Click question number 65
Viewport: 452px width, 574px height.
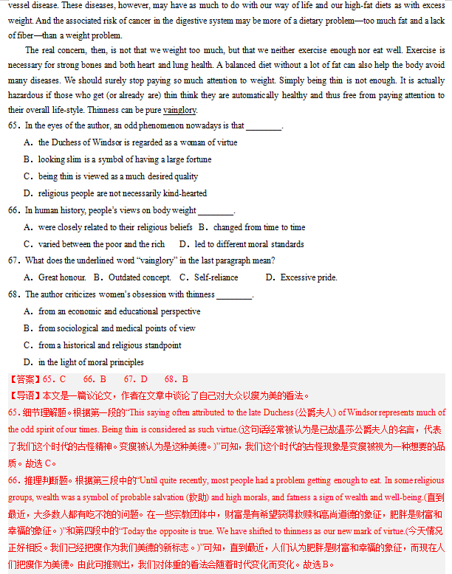click(14, 126)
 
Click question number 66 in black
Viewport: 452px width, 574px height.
click(14, 210)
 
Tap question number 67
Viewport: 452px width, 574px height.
click(14, 260)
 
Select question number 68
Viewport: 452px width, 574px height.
click(14, 294)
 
